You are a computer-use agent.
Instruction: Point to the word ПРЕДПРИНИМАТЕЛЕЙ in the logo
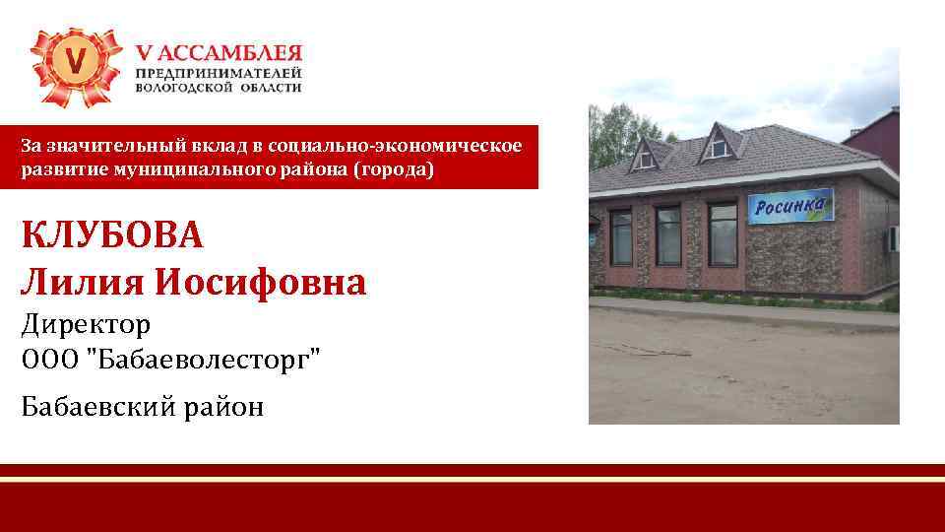[x=219, y=73]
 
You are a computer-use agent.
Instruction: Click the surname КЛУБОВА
[x=111, y=236]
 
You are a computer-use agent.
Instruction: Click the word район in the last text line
[x=227, y=406]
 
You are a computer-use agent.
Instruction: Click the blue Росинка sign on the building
[x=791, y=207]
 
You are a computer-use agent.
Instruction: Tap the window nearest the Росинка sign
[x=722, y=233]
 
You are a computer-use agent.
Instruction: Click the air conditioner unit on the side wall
[x=892, y=238]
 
